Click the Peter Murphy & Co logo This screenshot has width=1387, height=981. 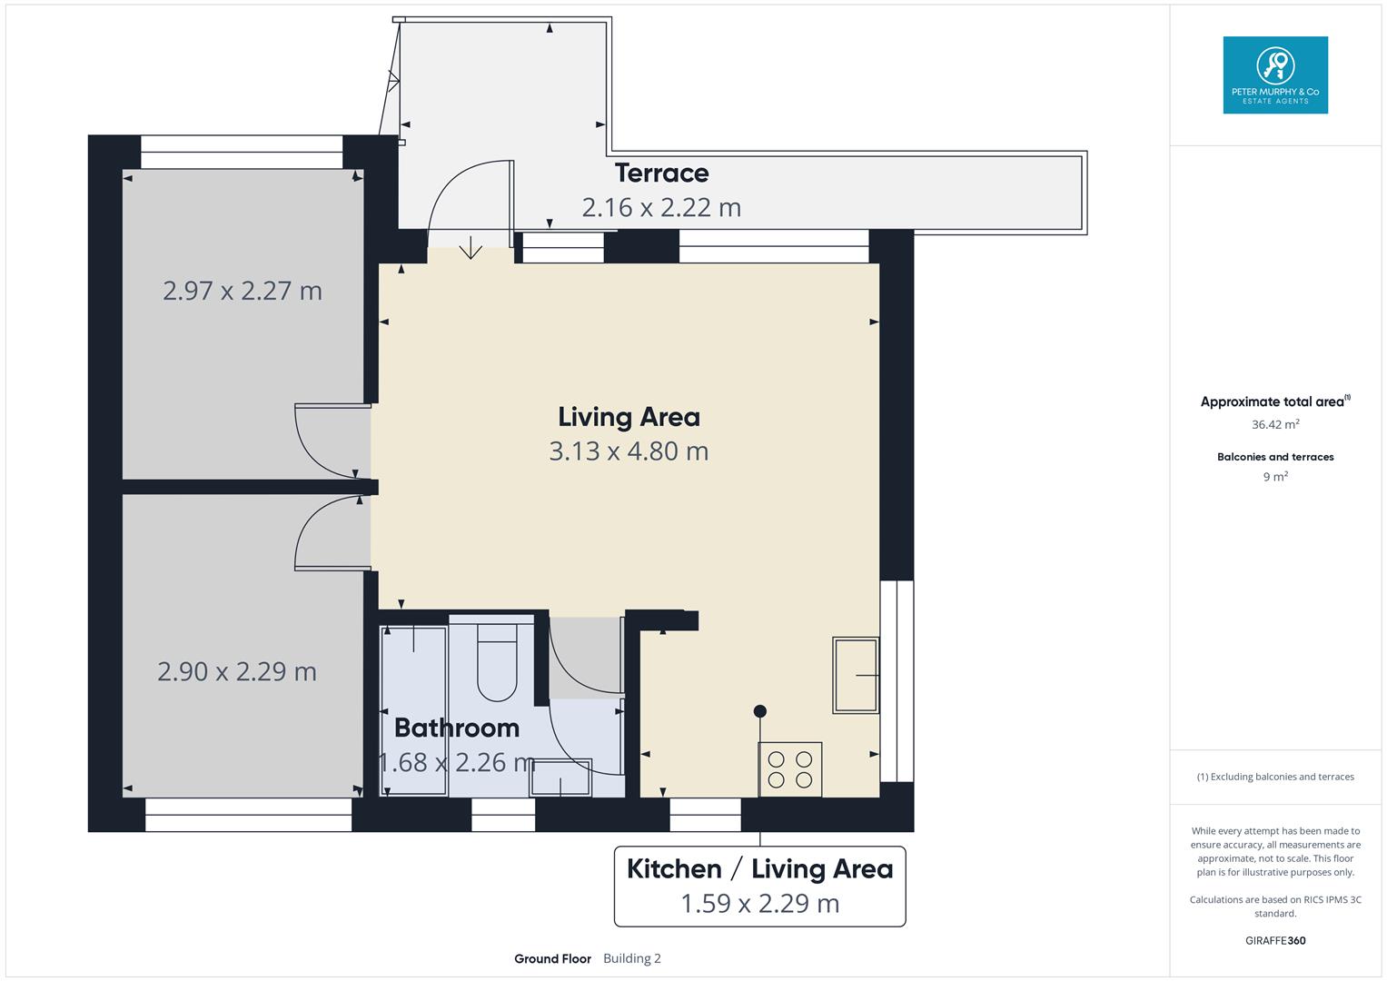click(1274, 74)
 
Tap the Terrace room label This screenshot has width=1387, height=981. click(661, 173)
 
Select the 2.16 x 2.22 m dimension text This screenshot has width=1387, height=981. click(661, 207)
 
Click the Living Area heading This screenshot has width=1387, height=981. click(629, 417)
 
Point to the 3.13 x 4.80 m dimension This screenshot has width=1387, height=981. click(629, 451)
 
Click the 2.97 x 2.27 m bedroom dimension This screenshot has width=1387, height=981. click(243, 291)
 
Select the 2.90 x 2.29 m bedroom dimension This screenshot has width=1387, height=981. click(237, 671)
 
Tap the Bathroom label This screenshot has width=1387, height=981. click(456, 728)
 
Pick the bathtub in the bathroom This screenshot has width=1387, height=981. click(414, 708)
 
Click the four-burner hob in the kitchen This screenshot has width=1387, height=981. click(790, 769)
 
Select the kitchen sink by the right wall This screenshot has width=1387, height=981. click(856, 675)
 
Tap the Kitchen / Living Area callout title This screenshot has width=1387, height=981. click(759, 869)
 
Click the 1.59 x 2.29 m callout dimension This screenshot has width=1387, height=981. click(759, 904)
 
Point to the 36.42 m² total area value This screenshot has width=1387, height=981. click(1274, 424)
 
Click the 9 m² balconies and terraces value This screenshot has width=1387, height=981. click(1274, 477)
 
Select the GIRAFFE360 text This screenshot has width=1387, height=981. click(1274, 941)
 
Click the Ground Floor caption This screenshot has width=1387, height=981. click(552, 959)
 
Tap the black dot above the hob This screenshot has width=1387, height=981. click(760, 711)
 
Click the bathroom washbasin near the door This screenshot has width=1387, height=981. click(560, 778)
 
